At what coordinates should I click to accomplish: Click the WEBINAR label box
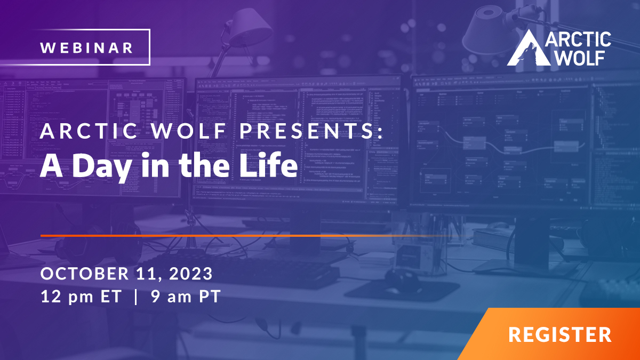[x=94, y=47]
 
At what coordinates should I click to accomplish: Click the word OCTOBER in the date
[x=83, y=274]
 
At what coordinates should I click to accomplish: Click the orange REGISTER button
[x=559, y=335]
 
